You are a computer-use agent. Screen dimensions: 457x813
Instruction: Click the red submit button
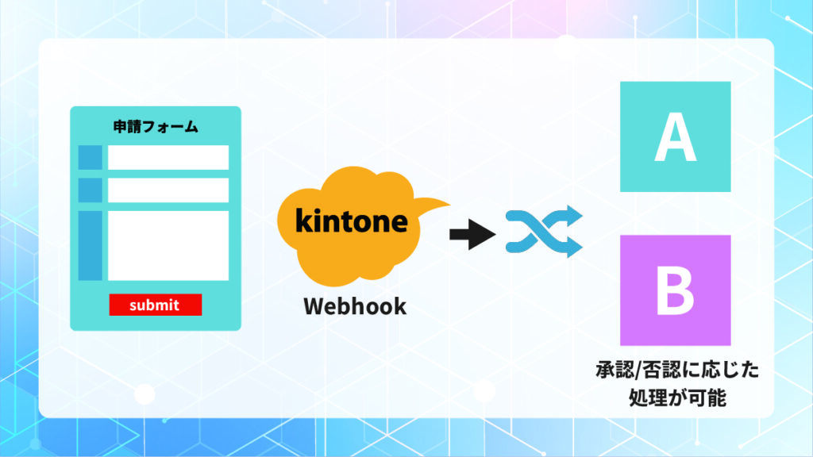tap(155, 305)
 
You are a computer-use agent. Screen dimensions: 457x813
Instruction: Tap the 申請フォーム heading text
tap(155, 127)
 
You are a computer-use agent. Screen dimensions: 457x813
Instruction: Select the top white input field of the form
tap(168, 158)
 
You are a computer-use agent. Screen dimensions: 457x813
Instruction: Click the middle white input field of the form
tap(168, 190)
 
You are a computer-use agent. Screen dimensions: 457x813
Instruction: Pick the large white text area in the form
tap(168, 245)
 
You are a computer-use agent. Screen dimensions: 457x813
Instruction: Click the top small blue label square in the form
tap(91, 158)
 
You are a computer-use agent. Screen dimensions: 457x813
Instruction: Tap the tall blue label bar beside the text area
tap(91, 245)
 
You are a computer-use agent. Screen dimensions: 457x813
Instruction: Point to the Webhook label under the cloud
tap(354, 306)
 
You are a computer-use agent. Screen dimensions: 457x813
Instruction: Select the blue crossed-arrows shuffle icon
tap(544, 232)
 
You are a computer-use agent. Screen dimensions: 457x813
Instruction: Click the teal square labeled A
tap(675, 136)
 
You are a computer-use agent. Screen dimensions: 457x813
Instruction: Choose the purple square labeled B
tap(675, 290)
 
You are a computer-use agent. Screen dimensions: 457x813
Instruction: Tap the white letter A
tap(675, 137)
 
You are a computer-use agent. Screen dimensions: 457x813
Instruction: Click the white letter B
tap(675, 290)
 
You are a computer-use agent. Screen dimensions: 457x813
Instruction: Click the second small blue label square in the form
tap(91, 190)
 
